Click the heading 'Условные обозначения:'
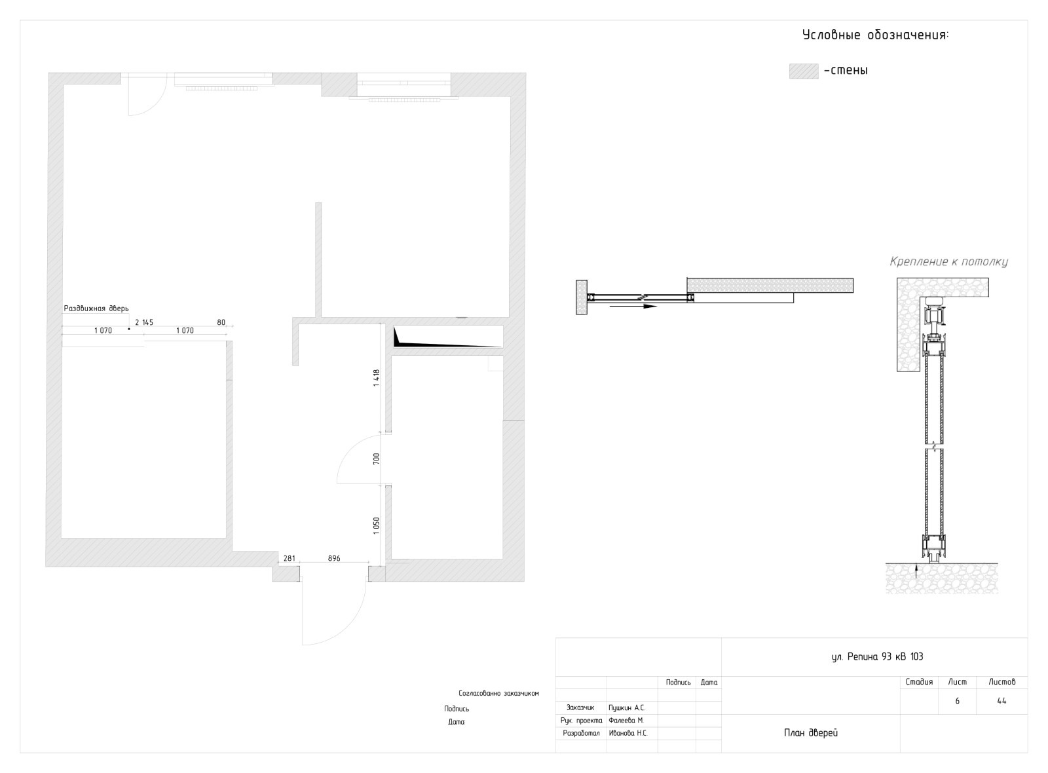tap(875, 35)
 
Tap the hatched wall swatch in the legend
tap(804, 71)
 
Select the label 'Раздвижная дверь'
tap(96, 309)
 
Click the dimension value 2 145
tap(144, 322)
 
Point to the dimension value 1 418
tap(377, 378)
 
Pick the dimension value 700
tap(377, 459)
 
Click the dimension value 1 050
tap(377, 527)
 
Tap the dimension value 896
tap(334, 558)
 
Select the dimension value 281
tap(289, 558)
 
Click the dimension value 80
tap(221, 322)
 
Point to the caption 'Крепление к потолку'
tap(949, 261)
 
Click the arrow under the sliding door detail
tap(633, 307)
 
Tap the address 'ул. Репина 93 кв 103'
tap(877, 656)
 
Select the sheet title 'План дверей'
tap(811, 733)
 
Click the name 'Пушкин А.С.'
tap(627, 708)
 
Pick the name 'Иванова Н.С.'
tap(628, 733)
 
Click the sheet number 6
tap(957, 701)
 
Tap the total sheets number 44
tap(1001, 701)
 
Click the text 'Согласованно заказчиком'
tap(498, 694)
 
